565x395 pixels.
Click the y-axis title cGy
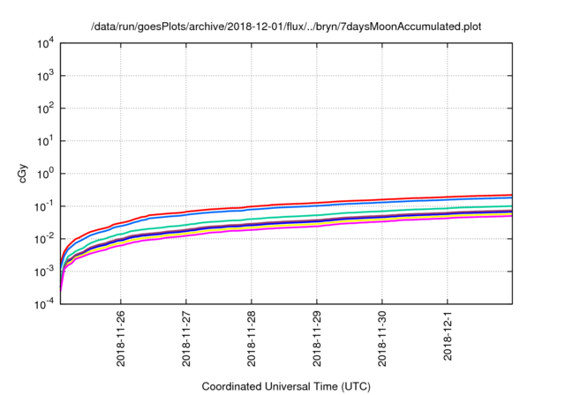tap(24, 174)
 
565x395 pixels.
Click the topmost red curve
tap(353, 202)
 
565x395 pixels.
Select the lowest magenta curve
tap(353, 222)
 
